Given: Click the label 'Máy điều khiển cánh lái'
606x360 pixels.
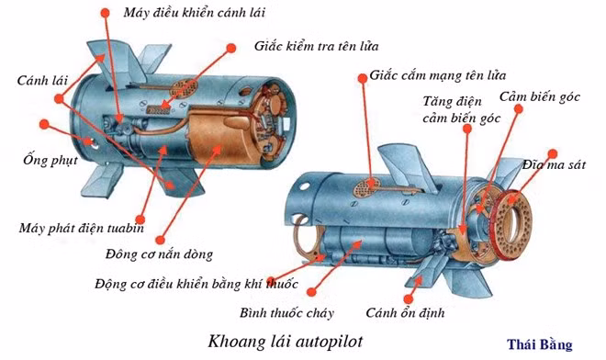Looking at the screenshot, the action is (x=195, y=13).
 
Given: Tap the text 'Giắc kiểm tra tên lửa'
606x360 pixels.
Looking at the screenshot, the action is (x=316, y=47).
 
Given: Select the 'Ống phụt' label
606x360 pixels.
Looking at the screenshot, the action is (x=50, y=160).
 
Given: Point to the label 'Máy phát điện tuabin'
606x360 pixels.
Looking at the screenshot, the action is (x=82, y=228).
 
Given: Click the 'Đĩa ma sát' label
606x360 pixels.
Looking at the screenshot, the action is (x=554, y=165).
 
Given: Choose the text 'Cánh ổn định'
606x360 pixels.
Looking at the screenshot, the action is (x=405, y=312).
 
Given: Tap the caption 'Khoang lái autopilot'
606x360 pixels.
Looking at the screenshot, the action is (x=286, y=342).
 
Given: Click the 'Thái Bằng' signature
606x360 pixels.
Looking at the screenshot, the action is (x=540, y=344).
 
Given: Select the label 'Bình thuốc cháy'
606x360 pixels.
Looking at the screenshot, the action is (x=286, y=312).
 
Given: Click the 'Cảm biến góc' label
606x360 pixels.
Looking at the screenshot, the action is (x=540, y=96).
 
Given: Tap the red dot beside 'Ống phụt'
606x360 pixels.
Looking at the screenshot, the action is (x=44, y=125).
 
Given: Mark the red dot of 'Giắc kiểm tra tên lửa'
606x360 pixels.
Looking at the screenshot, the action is (x=231, y=48).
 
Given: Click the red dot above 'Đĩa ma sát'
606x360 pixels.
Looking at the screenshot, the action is (x=553, y=153).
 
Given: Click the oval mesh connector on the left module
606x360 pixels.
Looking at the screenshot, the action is (x=184, y=89).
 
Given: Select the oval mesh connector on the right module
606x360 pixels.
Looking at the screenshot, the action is (x=365, y=187).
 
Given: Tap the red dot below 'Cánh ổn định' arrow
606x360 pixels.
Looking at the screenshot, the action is (x=408, y=298).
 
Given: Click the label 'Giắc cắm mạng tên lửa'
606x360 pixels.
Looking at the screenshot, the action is (x=437, y=75).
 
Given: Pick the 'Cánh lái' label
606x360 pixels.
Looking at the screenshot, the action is (x=42, y=81).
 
